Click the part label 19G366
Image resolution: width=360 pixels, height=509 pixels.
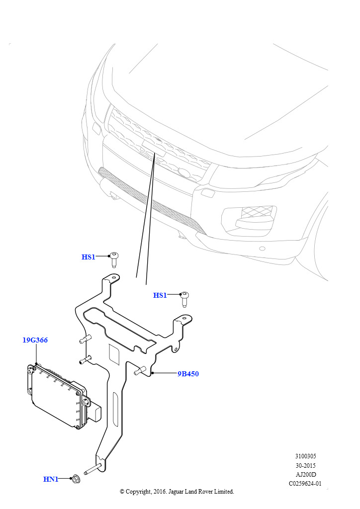coord(35,340)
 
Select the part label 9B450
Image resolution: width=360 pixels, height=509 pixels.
coord(188,374)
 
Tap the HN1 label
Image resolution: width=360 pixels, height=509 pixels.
coord(51,479)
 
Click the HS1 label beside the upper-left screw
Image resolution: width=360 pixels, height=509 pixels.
coord(89,257)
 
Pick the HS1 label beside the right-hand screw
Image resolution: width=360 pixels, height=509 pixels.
coord(160,295)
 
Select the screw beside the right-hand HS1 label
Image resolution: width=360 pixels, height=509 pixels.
coord(185,299)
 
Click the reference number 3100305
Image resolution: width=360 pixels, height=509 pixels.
coord(305,456)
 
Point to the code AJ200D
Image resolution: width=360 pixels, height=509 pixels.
coord(305,474)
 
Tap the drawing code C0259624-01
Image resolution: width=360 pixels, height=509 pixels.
coord(305,483)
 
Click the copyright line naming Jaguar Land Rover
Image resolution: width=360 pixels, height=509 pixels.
coord(177,492)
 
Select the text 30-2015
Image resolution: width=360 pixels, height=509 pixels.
coord(305,465)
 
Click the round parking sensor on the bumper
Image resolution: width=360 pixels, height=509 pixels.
coord(262,249)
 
